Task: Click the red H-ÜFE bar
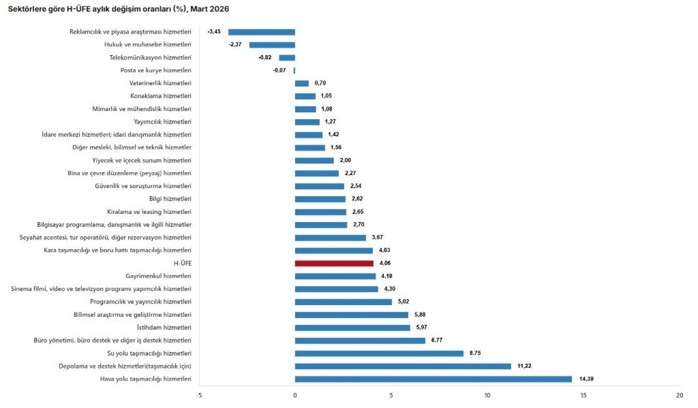[x=334, y=263]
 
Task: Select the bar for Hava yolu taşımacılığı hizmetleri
[x=433, y=379]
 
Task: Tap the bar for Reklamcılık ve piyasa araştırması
[x=262, y=32]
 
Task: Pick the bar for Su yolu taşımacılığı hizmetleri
[x=379, y=353]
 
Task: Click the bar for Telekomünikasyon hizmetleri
[x=287, y=58]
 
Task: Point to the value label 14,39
[x=586, y=379]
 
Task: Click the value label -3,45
[x=214, y=31]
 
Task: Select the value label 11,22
[x=524, y=366]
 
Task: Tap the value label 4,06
[x=385, y=263]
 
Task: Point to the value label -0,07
[x=279, y=70]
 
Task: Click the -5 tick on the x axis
[x=199, y=396]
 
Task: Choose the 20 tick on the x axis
[x=679, y=396]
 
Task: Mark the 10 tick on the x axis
[x=487, y=396]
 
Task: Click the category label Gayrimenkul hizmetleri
[x=158, y=276]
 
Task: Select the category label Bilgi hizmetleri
[x=170, y=199]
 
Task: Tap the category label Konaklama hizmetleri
[x=161, y=96]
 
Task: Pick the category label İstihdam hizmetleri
[x=164, y=327]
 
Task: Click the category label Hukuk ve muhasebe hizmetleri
[x=148, y=45]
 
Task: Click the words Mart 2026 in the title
[x=209, y=9]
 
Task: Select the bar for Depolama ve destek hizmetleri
[x=403, y=366]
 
